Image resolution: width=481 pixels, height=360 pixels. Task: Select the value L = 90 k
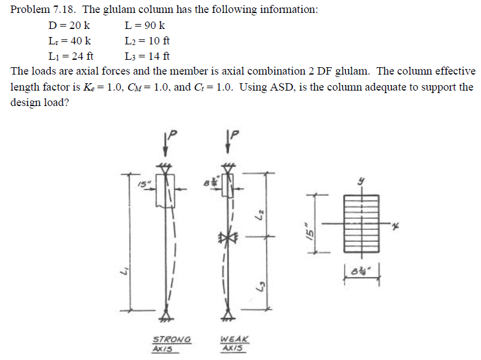(144, 26)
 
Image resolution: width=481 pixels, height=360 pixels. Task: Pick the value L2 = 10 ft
(147, 41)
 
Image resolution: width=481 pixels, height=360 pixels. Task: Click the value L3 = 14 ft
(147, 57)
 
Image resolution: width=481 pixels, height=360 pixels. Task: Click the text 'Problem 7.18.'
(39, 10)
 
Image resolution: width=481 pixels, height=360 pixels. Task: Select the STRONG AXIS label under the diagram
(171, 343)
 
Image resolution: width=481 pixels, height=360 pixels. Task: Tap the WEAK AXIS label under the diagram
(235, 343)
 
